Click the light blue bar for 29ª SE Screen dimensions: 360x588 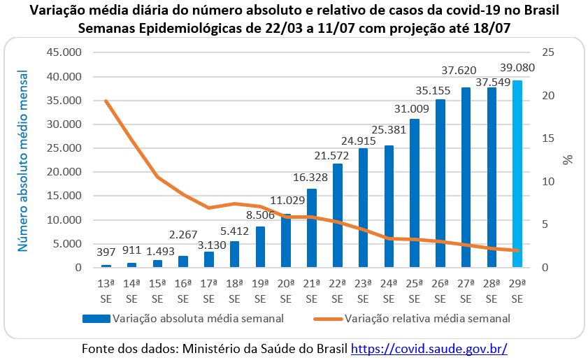pos(517,174)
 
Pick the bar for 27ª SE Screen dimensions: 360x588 pos(466,178)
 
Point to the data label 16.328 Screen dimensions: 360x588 pos(312,178)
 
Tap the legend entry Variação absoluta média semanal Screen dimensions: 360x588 pos(183,319)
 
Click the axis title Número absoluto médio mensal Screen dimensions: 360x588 pos(23,161)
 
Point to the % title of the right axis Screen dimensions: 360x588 pos(568,160)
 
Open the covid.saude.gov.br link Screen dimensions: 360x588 pos(429,347)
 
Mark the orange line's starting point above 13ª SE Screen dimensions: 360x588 pos(106,101)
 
